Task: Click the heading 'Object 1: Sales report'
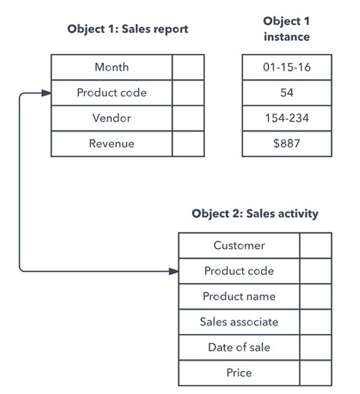tap(127, 30)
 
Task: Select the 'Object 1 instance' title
tap(286, 29)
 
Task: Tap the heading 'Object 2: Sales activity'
tap(254, 213)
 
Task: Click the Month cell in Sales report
tap(112, 68)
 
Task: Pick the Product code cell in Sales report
tap(112, 93)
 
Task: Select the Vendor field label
tap(112, 118)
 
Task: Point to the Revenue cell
tap(112, 143)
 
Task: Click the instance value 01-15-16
tap(286, 68)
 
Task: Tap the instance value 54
tap(286, 93)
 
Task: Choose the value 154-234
tap(286, 118)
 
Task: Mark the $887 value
tap(286, 143)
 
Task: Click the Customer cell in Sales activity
tap(239, 245)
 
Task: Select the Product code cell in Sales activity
tap(239, 271)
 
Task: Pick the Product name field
tap(239, 296)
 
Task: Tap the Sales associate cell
tap(239, 322)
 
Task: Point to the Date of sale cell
tap(239, 347)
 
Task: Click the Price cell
tap(239, 373)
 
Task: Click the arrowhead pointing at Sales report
tap(46, 93)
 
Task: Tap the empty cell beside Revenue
tap(188, 143)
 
